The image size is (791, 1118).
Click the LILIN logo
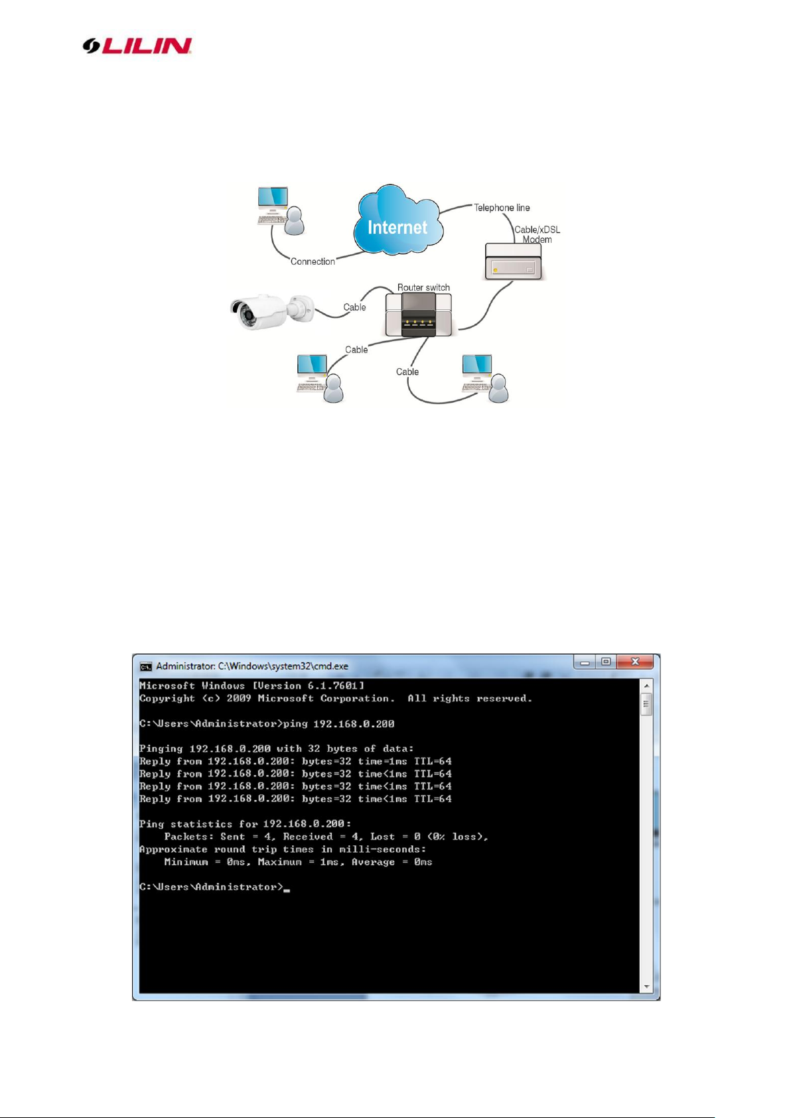[x=137, y=46]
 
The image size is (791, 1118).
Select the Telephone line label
[x=502, y=208]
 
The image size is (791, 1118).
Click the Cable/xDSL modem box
[x=513, y=261]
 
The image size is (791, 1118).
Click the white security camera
[x=271, y=311]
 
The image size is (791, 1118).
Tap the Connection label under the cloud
[x=313, y=261]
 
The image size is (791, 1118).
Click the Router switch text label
[x=423, y=287]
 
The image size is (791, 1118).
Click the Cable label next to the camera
[x=354, y=307]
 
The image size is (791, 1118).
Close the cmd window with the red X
[x=635, y=662]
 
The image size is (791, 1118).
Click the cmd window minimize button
[x=585, y=662]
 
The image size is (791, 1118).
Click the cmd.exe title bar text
[x=252, y=666]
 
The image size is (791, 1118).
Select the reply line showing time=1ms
[x=295, y=761]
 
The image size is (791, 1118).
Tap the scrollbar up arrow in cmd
[x=647, y=685]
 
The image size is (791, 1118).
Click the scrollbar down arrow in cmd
[x=647, y=987]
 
